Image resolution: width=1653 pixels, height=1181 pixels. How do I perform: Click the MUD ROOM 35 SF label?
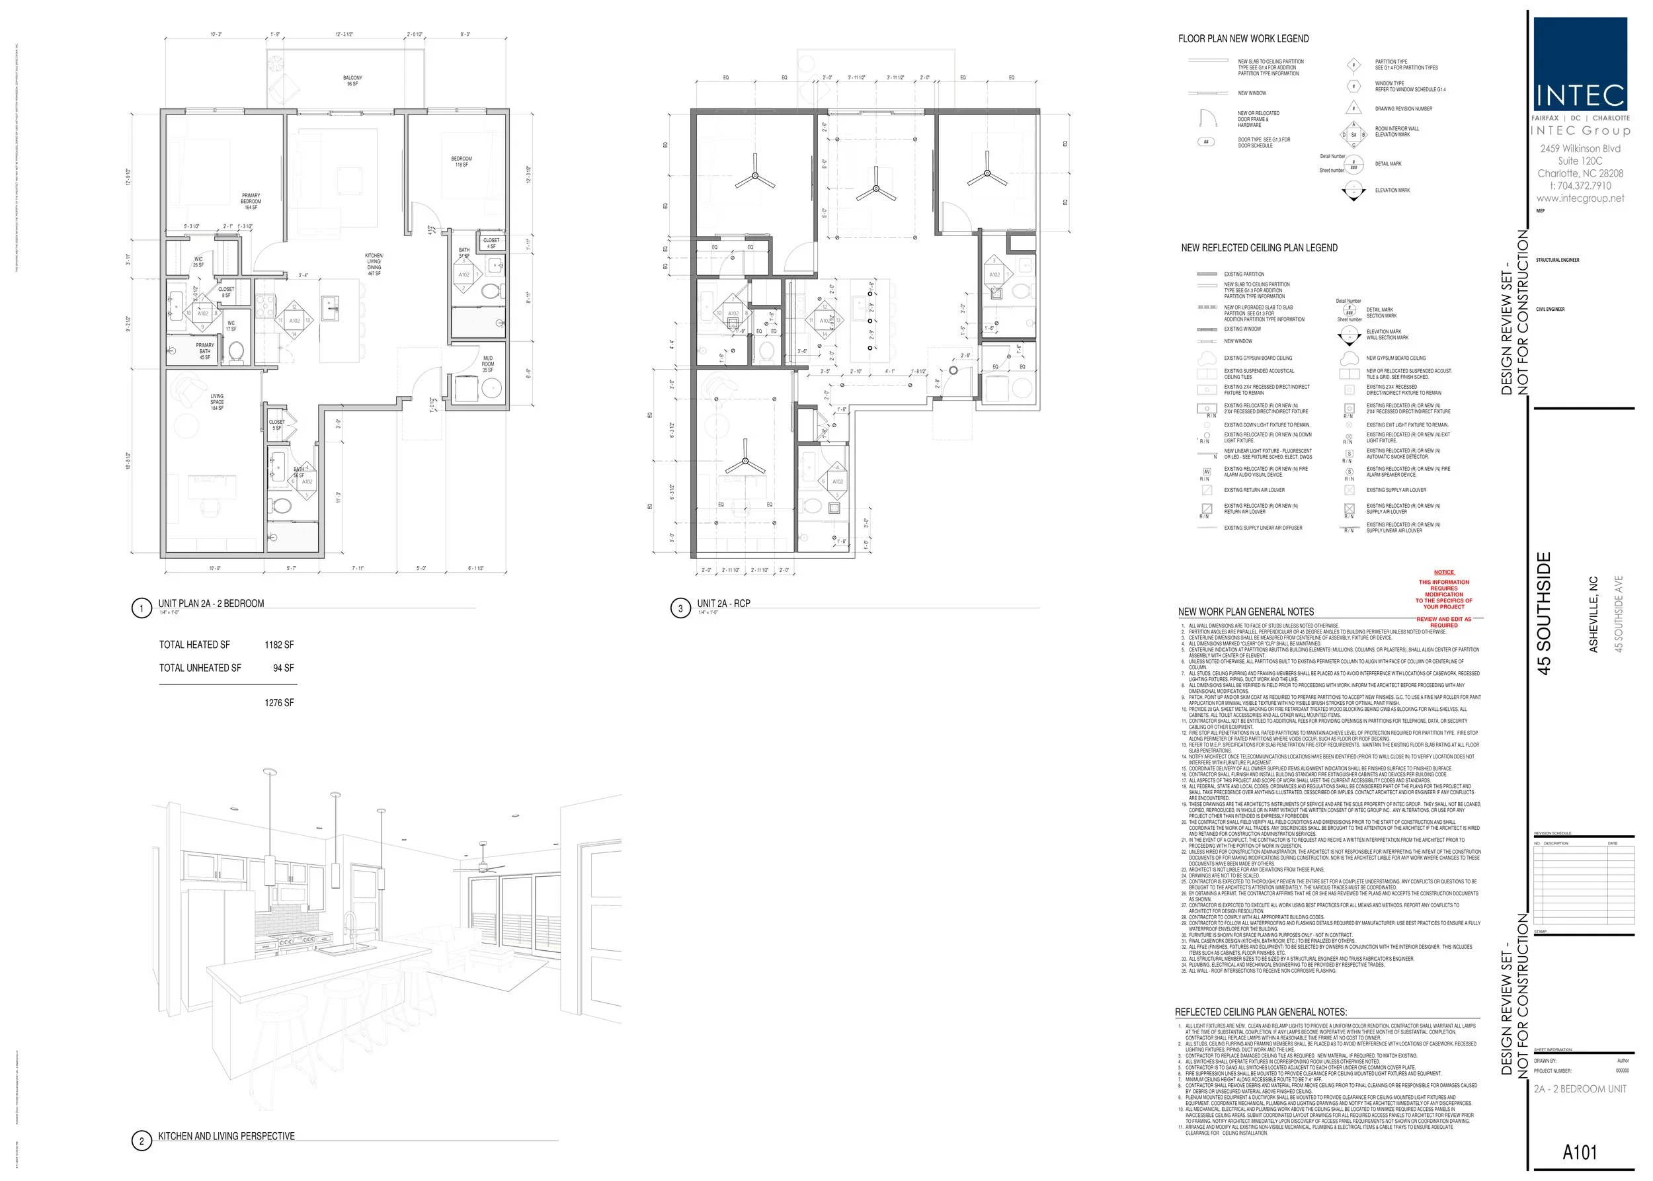pyautogui.click(x=487, y=364)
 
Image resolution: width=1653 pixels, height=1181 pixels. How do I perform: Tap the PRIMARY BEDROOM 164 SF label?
pyautogui.click(x=251, y=202)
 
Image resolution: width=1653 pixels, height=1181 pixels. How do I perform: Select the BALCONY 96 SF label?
pyautogui.click(x=352, y=81)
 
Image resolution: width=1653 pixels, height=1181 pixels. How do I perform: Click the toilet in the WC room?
pyautogui.click(x=235, y=351)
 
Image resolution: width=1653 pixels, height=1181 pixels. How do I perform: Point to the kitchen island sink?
pyautogui.click(x=331, y=304)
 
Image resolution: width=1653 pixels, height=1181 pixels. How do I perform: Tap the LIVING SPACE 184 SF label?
pyautogui.click(x=217, y=402)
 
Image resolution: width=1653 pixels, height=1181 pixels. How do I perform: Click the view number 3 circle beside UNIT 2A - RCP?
pyautogui.click(x=680, y=608)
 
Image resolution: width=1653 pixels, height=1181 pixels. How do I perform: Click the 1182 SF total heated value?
pyautogui.click(x=279, y=644)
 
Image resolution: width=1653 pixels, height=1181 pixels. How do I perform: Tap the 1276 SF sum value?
pyautogui.click(x=279, y=702)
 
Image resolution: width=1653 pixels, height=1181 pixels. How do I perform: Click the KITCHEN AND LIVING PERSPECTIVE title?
pyautogui.click(x=226, y=1136)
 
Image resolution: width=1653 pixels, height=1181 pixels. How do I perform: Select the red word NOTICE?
pyautogui.click(x=1443, y=573)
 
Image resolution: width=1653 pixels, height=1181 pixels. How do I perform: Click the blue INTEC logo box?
pyautogui.click(x=1580, y=64)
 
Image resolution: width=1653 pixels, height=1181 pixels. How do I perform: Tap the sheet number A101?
pyautogui.click(x=1580, y=1152)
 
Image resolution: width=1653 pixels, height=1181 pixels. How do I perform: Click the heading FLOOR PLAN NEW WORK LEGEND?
pyautogui.click(x=1243, y=38)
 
